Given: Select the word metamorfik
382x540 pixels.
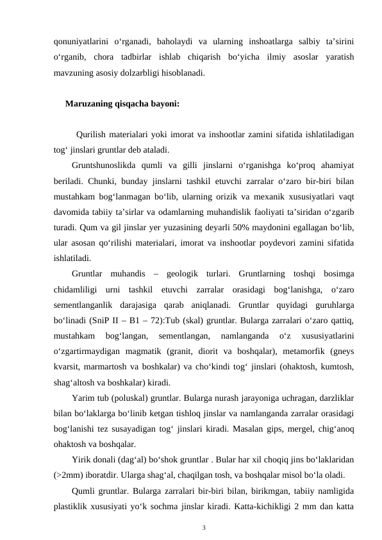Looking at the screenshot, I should (303, 350).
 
